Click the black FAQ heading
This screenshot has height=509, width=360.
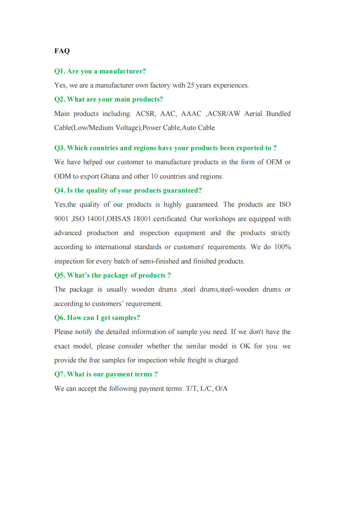coord(62,51)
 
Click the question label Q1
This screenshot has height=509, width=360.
coord(60,71)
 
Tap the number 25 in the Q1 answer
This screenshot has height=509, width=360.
coord(190,85)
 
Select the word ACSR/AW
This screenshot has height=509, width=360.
coord(224,114)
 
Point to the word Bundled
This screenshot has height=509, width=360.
coord(278,114)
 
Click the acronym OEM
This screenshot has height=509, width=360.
coord(274,162)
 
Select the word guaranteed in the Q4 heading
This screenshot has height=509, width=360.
coord(182,190)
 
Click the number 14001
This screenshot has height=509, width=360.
coord(96,219)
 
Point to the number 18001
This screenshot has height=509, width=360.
coord(142,219)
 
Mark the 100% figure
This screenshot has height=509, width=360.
coord(282,247)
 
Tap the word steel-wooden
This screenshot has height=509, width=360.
coord(239,289)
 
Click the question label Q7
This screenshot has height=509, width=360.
coord(60,374)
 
